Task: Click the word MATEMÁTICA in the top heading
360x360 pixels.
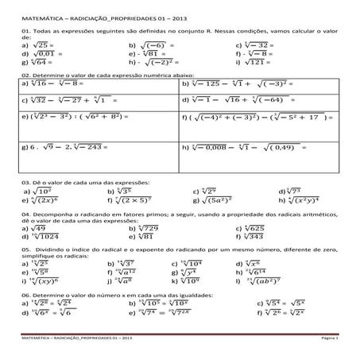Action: coord(41,10)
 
